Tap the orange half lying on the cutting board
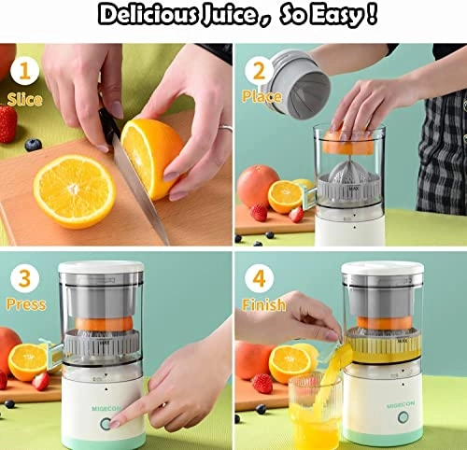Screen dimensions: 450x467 (74, 190)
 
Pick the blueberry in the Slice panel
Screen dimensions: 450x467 (34, 145)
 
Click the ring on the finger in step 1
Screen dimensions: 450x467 (224, 127)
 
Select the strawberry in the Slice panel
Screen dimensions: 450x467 (7, 123)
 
